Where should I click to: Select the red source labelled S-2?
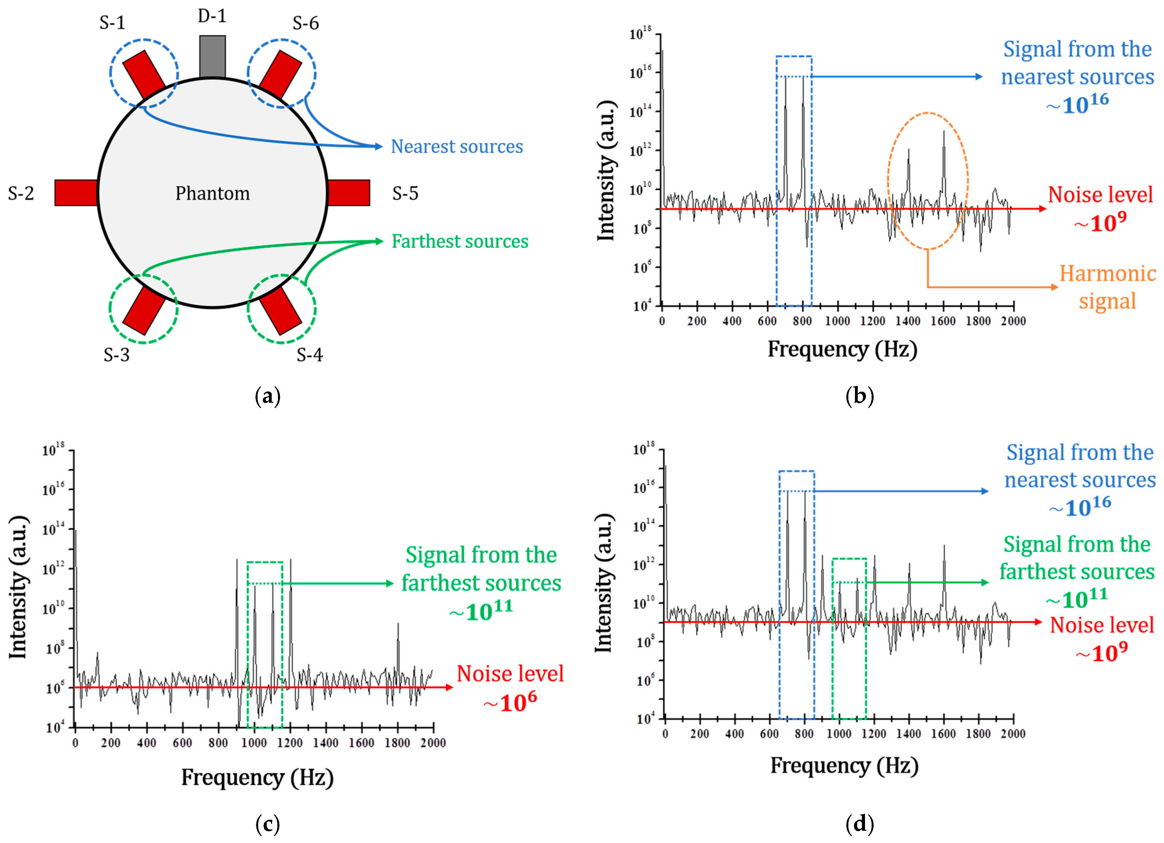pyautogui.click(x=76, y=193)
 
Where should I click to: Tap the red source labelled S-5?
pyautogui.click(x=349, y=193)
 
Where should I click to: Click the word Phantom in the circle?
pyautogui.click(x=212, y=194)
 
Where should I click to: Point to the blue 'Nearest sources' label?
pyautogui.click(x=457, y=147)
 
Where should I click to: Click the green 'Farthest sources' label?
pyautogui.click(x=460, y=241)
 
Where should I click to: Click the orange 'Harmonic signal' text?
pyautogui.click(x=1108, y=287)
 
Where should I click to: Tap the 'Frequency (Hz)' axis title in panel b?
pyautogui.click(x=842, y=349)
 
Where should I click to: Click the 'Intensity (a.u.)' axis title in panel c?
pyautogui.click(x=19, y=587)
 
